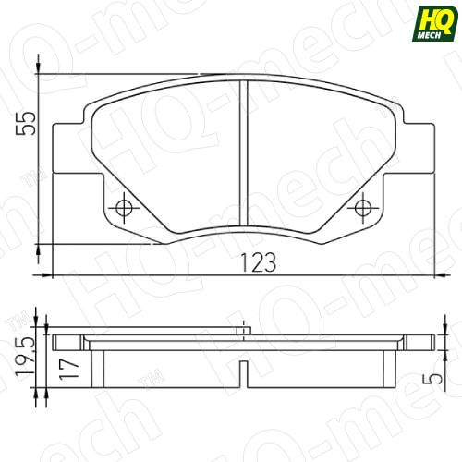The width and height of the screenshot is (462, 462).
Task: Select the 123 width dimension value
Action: [x=260, y=262]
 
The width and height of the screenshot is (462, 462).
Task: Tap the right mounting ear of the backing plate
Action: [x=413, y=148]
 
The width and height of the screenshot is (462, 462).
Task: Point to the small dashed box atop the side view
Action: [x=242, y=328]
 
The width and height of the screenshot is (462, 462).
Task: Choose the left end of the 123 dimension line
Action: [x=55, y=274]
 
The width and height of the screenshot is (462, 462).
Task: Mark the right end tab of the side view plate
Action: [x=420, y=339]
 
